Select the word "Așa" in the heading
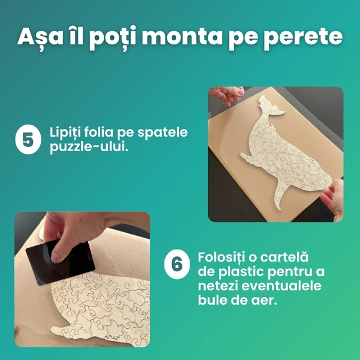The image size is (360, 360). click(40, 37)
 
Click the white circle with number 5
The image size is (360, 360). click(28, 139)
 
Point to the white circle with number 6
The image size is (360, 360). click(177, 264)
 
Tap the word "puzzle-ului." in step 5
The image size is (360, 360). click(89, 147)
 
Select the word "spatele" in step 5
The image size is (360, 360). click(163, 133)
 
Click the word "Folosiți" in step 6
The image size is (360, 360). click(221, 257)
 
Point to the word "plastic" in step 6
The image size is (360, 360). click(241, 272)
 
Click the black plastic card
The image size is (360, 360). click(61, 262)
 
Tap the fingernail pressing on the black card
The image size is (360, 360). click(56, 258)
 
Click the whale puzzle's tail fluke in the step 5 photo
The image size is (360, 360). click(271, 106)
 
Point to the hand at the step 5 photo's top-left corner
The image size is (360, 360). click(226, 95)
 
